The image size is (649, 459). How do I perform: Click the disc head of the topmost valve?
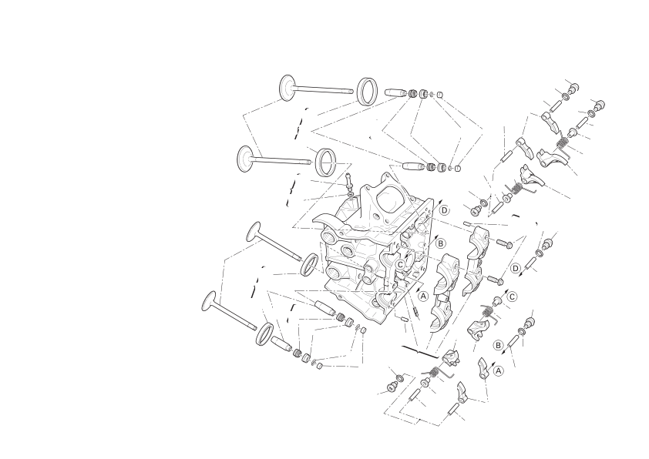tap(287, 88)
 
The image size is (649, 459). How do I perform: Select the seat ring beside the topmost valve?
tap(368, 92)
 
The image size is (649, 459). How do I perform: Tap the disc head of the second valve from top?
tap(245, 159)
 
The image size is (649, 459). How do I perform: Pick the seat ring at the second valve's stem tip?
tap(326, 162)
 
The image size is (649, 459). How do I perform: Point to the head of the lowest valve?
tap(210, 301)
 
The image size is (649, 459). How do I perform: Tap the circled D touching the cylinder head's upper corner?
tap(444, 210)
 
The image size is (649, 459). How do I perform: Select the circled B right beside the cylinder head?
tap(440, 243)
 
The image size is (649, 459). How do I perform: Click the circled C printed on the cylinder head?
tap(400, 264)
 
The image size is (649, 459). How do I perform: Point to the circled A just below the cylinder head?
tap(423, 296)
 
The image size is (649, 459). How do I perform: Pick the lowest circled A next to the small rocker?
tap(499, 371)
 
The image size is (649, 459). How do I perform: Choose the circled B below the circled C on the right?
tap(499, 345)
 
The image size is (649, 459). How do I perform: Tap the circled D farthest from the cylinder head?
tap(516, 269)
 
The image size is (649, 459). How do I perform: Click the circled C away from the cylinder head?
tap(513, 297)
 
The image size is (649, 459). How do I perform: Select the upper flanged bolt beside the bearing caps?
tap(504, 243)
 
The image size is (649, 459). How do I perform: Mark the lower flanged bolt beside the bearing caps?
tap(496, 280)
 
